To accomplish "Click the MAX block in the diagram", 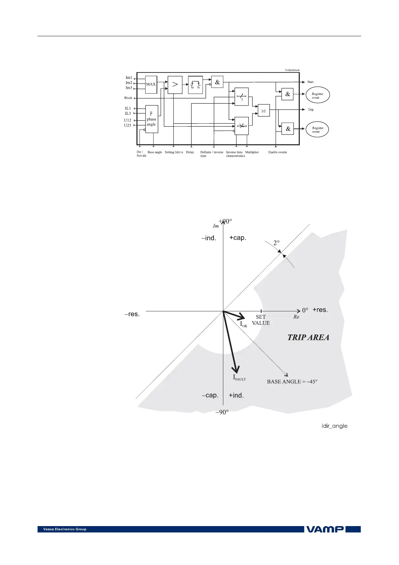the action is [x=151, y=84].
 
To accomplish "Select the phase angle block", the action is [x=152, y=119].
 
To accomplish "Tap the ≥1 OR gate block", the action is [x=264, y=110].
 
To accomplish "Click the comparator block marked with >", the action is [x=175, y=85].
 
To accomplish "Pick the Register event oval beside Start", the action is [x=318, y=96].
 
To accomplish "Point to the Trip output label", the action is [x=311, y=110].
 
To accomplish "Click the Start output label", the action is [x=310, y=82].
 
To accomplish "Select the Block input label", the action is [x=128, y=98].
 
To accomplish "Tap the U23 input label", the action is [x=127, y=125].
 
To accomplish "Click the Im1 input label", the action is [x=129, y=78].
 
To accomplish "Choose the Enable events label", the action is [x=277, y=152].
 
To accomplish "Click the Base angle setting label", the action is [x=155, y=152].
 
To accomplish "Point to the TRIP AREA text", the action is [x=308, y=338].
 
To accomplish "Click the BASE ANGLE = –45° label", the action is [x=292, y=381].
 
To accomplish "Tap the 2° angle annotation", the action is [x=277, y=243].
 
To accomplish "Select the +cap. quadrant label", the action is [x=238, y=238].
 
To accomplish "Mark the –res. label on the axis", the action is [x=132, y=314].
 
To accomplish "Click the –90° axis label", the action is [x=222, y=412].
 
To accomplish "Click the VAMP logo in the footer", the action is [x=325, y=529].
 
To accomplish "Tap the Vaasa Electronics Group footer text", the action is [x=65, y=529].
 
